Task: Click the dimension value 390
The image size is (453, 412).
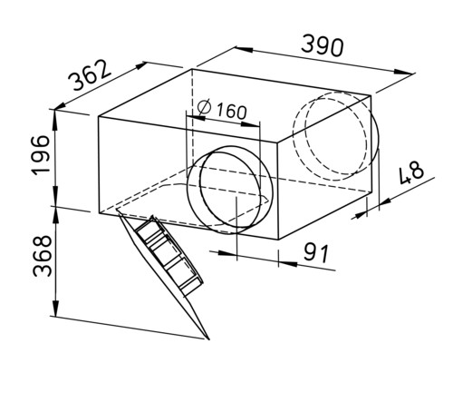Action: tap(323, 46)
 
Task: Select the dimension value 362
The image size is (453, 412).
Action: tap(90, 75)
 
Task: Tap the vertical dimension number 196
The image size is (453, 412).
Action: tap(41, 155)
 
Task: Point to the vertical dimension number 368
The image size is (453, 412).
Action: tap(43, 256)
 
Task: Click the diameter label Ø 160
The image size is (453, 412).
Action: tap(222, 110)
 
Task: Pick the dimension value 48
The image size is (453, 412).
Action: tap(411, 172)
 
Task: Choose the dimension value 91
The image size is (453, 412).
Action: tap(316, 253)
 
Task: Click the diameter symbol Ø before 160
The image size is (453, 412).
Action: tap(204, 107)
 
